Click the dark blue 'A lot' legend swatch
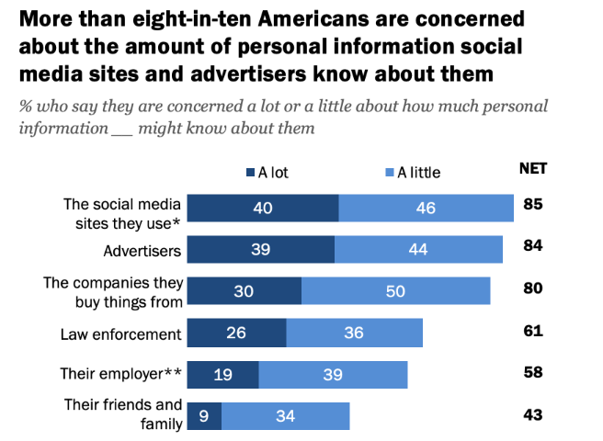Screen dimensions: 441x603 click(x=250, y=173)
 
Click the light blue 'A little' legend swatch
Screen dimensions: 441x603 click(x=390, y=173)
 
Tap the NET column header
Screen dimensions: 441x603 click(x=532, y=168)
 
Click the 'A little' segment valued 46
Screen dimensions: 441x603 click(x=426, y=209)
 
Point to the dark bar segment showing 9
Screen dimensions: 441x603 click(x=204, y=416)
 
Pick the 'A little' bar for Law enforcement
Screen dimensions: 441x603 click(x=355, y=333)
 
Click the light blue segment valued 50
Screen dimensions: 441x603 click(x=395, y=290)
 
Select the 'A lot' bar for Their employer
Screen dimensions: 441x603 click(x=223, y=374)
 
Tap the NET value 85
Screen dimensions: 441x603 click(x=532, y=204)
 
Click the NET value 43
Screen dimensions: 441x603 click(x=532, y=414)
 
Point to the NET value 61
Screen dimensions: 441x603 click(x=532, y=331)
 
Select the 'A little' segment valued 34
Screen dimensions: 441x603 click(x=285, y=416)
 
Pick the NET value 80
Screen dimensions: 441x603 click(x=532, y=288)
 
